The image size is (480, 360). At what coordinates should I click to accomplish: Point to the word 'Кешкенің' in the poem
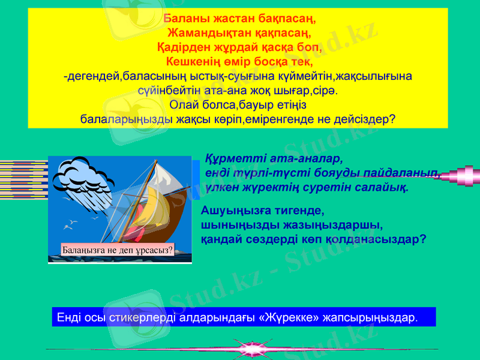coord(193,61)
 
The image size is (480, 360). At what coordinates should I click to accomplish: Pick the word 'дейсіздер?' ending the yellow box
coord(367,119)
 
